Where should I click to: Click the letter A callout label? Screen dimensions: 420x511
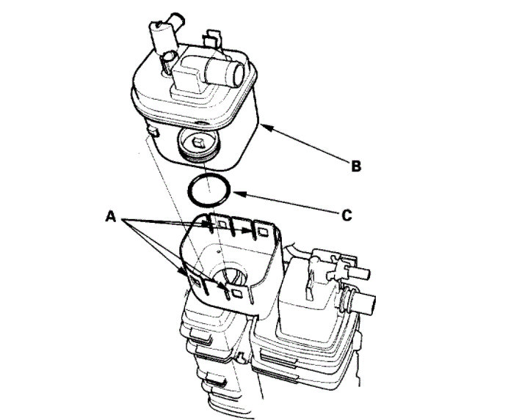111,216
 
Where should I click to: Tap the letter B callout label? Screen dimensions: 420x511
355,166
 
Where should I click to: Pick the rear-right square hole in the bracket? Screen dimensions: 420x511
259,233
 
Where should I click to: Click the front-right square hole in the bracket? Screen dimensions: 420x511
236,292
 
